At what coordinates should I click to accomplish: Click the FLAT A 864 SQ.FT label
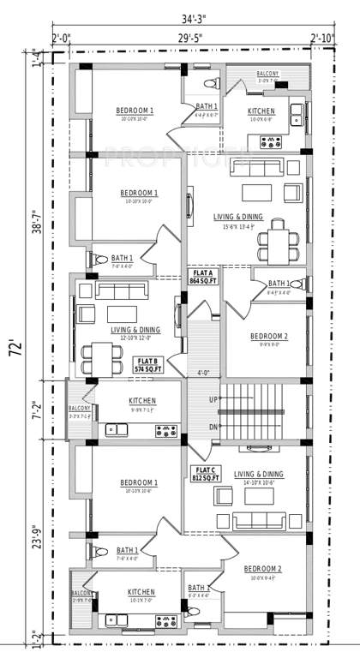(x=203, y=275)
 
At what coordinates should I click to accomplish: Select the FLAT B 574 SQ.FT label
(x=148, y=364)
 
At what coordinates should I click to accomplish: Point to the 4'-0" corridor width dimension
(x=204, y=373)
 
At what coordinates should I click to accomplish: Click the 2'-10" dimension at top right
(x=322, y=38)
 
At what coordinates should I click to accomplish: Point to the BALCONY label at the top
(x=267, y=74)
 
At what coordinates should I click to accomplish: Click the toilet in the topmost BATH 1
(x=210, y=84)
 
